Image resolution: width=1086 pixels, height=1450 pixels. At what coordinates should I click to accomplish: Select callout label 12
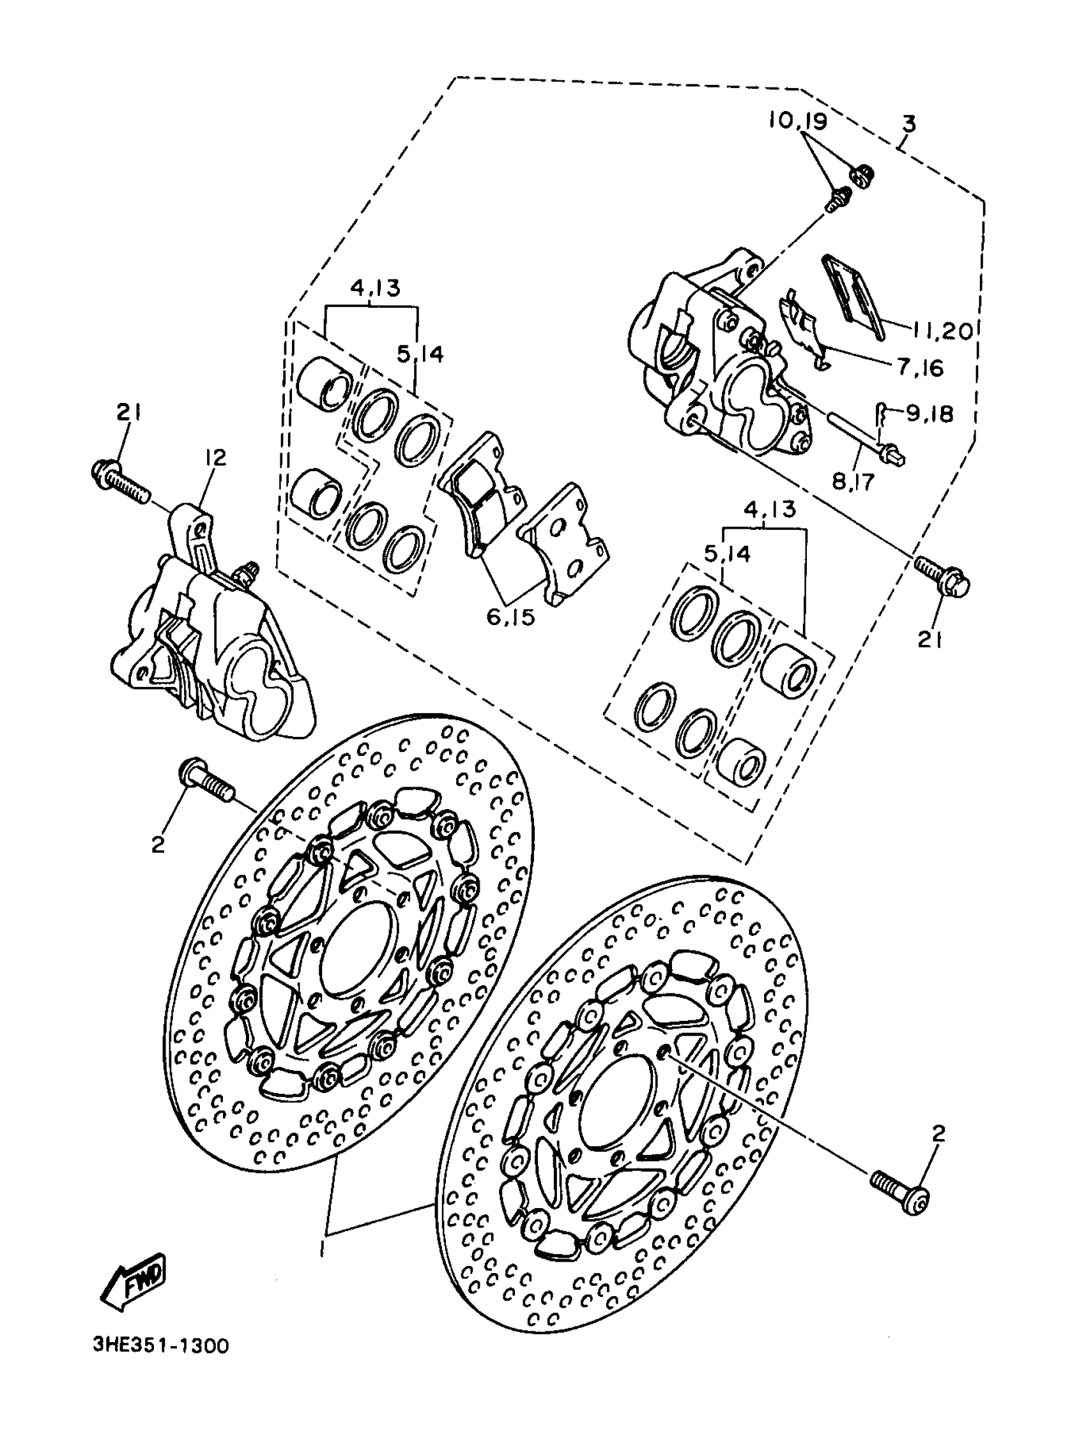[215, 458]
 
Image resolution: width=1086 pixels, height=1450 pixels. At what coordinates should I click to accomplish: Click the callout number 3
[908, 123]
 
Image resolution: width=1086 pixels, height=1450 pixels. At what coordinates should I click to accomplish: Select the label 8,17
[853, 482]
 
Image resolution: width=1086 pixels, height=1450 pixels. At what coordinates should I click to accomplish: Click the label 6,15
[511, 616]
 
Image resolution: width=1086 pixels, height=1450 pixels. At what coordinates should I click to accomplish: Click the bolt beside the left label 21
[121, 480]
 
